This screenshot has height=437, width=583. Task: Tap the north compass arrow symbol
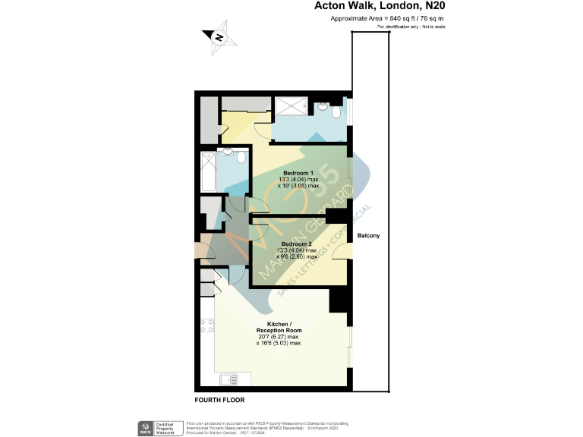point(217,36)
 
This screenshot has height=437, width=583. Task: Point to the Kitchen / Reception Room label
point(279,327)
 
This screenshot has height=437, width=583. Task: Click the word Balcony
point(370,236)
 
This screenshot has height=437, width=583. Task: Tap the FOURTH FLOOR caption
point(219,400)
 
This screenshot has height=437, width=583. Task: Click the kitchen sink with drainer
point(229,379)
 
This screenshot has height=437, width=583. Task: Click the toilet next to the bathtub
point(239,159)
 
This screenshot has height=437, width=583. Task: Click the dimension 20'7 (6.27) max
point(279,337)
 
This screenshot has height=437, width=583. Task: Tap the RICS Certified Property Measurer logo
point(156,427)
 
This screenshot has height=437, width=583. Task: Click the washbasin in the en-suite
point(323,106)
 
